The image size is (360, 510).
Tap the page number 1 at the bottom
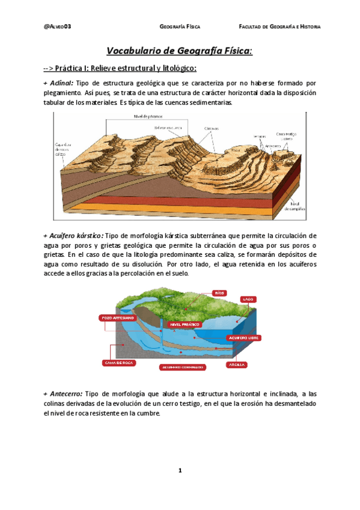[x=180, y=470]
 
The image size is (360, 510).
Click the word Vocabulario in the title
[x=136, y=51]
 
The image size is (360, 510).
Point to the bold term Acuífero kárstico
[x=74, y=235]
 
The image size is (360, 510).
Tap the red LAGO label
[x=248, y=299]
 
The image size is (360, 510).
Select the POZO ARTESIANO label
[x=118, y=317]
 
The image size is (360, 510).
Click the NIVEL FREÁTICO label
[x=185, y=324]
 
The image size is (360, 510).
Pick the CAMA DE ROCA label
[x=119, y=363]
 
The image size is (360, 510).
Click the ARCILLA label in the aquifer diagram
[x=234, y=364]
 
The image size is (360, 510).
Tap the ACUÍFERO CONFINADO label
[x=180, y=366]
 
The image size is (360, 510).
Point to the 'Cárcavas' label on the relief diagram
[x=211, y=127]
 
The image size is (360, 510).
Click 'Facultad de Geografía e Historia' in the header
[x=279, y=27]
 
